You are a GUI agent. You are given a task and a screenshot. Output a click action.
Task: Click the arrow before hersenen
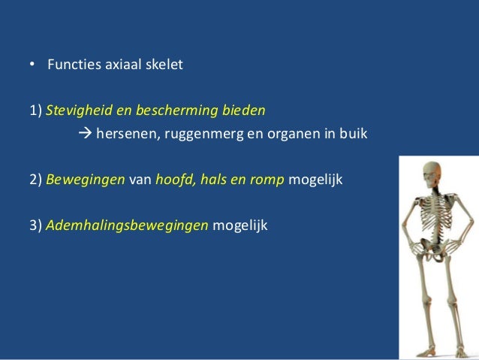click(84, 135)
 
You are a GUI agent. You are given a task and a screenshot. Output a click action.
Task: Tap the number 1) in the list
click(36, 111)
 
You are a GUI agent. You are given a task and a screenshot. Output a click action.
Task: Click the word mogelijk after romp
click(315, 182)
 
